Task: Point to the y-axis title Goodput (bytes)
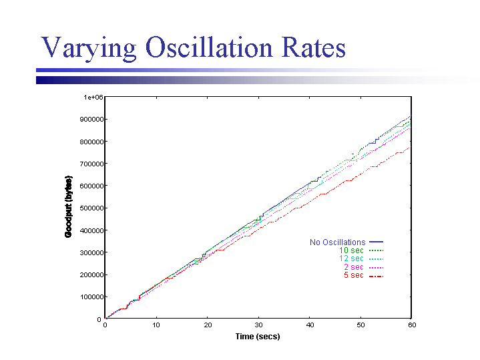(68, 207)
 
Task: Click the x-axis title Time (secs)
(258, 337)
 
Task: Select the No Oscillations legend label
(337, 242)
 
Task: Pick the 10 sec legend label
(351, 250)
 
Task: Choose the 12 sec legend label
(351, 258)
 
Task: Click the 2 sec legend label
(353, 267)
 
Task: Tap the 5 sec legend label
(353, 275)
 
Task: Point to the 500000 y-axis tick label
(89, 208)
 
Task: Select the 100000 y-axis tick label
(89, 297)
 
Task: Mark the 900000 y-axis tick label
(89, 120)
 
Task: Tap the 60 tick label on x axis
(412, 325)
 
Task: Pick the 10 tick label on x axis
(156, 325)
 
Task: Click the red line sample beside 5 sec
(377, 275)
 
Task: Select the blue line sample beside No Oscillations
(377, 242)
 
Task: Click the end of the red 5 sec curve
(410, 148)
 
